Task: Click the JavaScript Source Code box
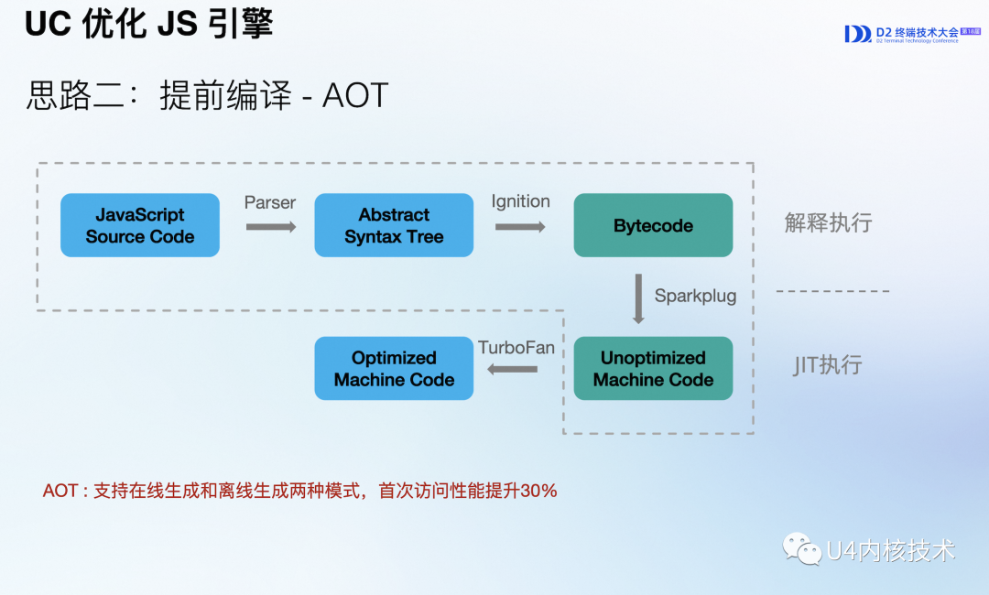tap(140, 225)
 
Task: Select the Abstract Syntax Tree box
tap(394, 225)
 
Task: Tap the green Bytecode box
tap(653, 225)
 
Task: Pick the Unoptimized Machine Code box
tap(653, 368)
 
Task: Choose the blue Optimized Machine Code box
tap(394, 368)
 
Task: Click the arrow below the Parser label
tap(271, 226)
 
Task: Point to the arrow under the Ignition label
tap(520, 226)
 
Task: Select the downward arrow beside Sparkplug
tap(638, 297)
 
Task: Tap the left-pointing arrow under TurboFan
tap(512, 369)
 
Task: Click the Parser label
tap(270, 202)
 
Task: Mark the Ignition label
tap(520, 201)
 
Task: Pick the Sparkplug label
tap(695, 296)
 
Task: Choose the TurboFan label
tap(516, 348)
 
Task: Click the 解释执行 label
tap(828, 222)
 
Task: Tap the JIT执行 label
tap(828, 365)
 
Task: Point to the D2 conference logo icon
tap(857, 34)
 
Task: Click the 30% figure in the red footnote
tap(538, 491)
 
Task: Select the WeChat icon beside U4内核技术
tap(801, 549)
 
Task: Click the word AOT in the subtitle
tap(355, 95)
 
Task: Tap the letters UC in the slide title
tap(49, 25)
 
